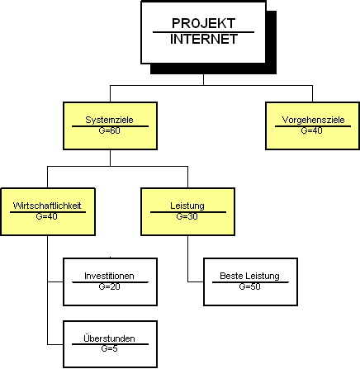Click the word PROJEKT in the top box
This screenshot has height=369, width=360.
[x=203, y=23]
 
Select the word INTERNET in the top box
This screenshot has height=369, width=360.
[x=204, y=39]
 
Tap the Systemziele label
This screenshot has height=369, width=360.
[x=109, y=120]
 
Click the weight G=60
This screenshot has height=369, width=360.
[x=109, y=130]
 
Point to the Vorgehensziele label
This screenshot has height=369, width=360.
[x=313, y=120]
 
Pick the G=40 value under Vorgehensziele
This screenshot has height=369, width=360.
[x=311, y=130]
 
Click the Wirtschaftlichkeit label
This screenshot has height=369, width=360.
[x=47, y=206]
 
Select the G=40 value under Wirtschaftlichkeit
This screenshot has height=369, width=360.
[x=47, y=216]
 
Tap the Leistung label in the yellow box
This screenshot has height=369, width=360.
[x=187, y=206]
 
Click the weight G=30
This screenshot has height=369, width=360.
[x=187, y=216]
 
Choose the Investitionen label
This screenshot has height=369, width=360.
[x=109, y=276]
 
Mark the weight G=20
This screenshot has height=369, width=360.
[x=109, y=286]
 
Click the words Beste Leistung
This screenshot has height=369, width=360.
[x=249, y=276]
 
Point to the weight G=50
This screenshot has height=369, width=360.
[x=249, y=286]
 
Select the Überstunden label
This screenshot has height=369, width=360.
[x=109, y=338]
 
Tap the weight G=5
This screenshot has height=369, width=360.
[x=109, y=348]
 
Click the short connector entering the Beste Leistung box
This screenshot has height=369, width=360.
[x=196, y=281]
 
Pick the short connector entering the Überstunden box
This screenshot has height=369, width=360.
[x=55, y=344]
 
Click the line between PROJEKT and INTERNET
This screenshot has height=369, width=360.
[x=203, y=32]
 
